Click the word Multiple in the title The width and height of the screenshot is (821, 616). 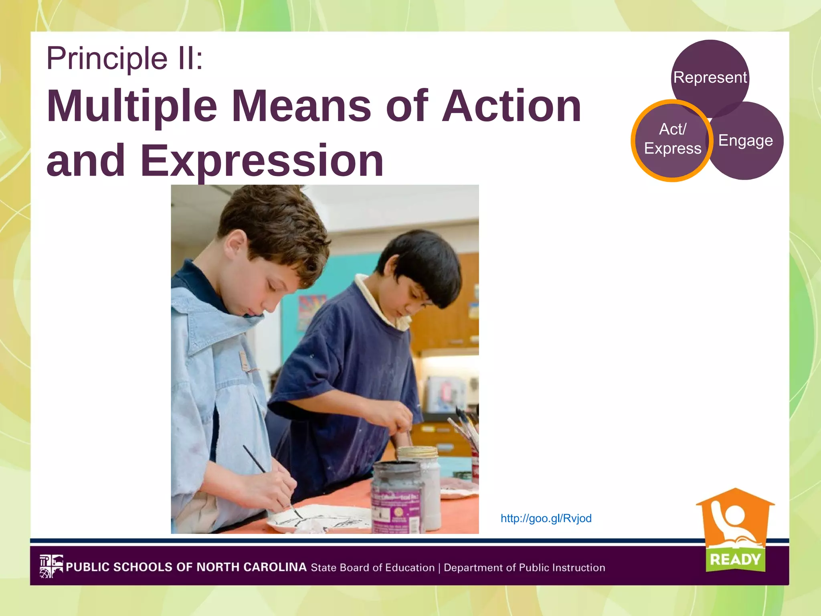coord(132,106)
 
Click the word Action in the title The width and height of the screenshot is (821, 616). coord(512,106)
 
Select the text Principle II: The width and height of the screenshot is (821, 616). coord(125,59)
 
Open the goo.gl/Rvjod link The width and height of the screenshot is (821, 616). coord(546,519)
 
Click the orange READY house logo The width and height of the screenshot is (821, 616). coord(735,521)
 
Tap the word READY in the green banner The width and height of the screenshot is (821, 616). coord(735,559)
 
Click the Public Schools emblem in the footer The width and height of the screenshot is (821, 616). coord(51,566)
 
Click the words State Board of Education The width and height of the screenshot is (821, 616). coord(373,568)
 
